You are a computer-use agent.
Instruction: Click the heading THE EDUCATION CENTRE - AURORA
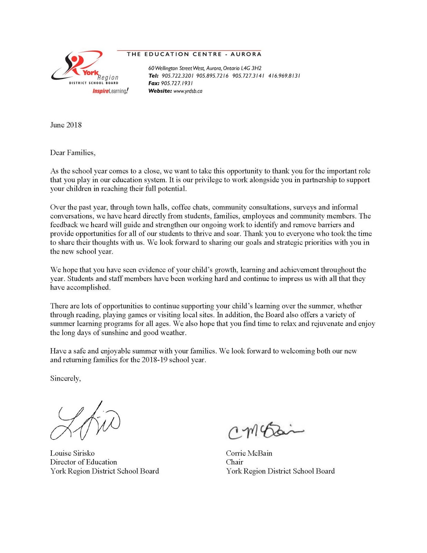click(194, 54)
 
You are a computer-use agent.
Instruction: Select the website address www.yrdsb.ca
click(188, 91)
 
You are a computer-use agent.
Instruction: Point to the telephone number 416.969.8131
click(284, 76)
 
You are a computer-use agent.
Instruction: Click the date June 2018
click(66, 125)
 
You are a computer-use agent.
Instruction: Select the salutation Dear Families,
click(73, 153)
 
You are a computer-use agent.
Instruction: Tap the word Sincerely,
click(66, 378)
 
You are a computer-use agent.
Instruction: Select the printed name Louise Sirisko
click(72, 453)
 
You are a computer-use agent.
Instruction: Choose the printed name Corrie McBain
click(249, 453)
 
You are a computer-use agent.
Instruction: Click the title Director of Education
click(84, 462)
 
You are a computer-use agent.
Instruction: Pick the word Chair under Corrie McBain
click(234, 462)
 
